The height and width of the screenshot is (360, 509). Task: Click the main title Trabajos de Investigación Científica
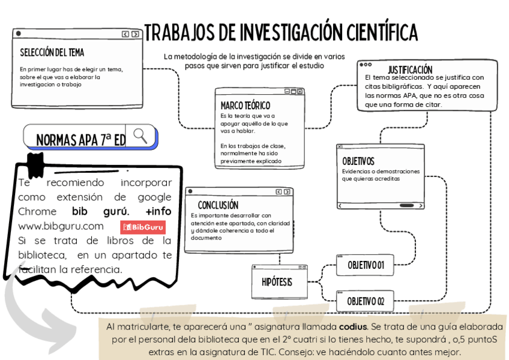(x=281, y=31)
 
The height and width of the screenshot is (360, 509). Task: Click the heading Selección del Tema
(x=52, y=53)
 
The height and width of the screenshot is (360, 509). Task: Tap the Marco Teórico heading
(x=245, y=106)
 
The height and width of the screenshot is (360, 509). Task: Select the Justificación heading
(x=410, y=70)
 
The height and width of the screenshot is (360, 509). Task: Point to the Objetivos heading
(x=358, y=161)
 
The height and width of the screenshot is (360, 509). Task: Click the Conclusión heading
(x=218, y=205)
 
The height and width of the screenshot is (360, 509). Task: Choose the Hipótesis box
(x=277, y=281)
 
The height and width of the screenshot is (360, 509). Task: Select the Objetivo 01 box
(x=366, y=265)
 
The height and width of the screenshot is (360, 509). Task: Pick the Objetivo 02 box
(x=366, y=301)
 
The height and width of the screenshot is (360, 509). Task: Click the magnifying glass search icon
(x=140, y=136)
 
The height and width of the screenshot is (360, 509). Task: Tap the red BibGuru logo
(x=143, y=227)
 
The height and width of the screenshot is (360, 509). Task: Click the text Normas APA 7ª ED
(x=80, y=140)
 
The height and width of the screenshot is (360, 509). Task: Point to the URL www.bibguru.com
(x=61, y=226)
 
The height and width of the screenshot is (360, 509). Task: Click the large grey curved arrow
(x=30, y=312)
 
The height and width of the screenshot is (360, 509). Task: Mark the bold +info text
(x=158, y=211)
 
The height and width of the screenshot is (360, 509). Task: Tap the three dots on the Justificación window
(x=366, y=64)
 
